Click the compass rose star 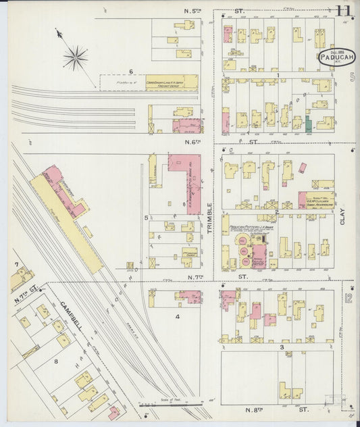pyautogui.click(x=76, y=58)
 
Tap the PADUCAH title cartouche pyautogui.click(x=337, y=57)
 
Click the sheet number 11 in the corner pyautogui.click(x=343, y=11)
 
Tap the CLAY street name pyautogui.click(x=342, y=216)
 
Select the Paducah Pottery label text pyautogui.click(x=249, y=228)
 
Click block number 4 pyautogui.click(x=178, y=316)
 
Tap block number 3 pyautogui.click(x=281, y=347)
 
